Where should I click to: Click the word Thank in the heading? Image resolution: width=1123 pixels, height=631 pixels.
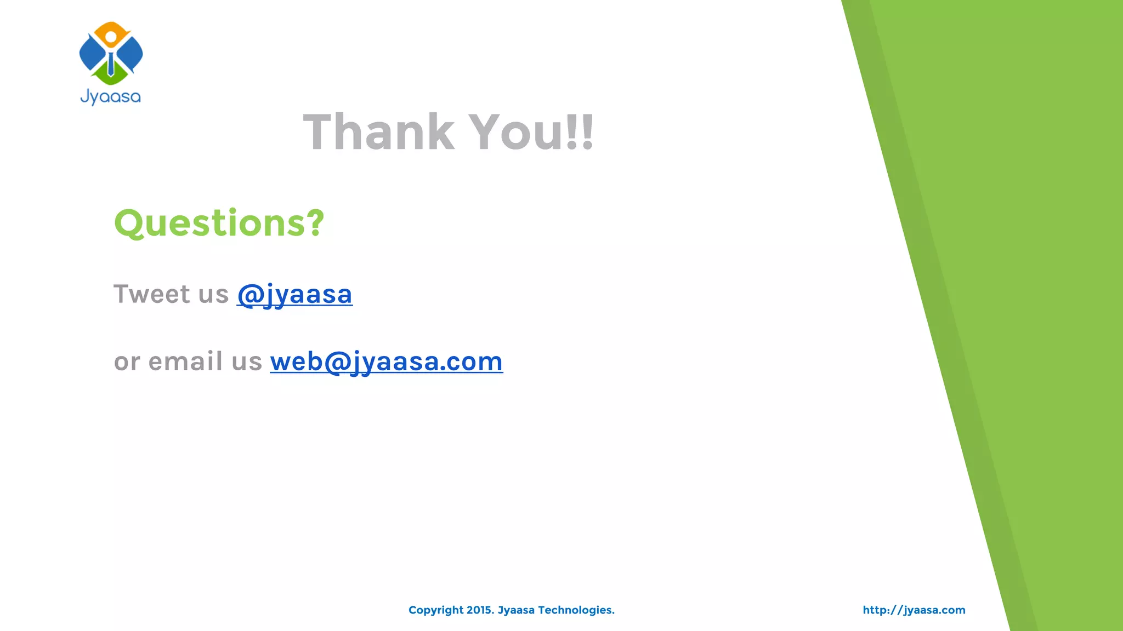click(x=379, y=132)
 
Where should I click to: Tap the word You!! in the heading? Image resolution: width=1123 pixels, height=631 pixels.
click(x=532, y=132)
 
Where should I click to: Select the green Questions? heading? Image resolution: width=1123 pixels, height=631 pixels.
click(x=219, y=223)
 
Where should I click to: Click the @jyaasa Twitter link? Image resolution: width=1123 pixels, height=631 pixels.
click(x=294, y=295)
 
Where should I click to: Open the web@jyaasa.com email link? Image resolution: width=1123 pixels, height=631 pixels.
click(x=386, y=362)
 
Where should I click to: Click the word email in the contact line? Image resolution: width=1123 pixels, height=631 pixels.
click(x=185, y=362)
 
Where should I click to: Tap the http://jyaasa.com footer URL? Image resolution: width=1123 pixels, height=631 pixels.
click(x=914, y=610)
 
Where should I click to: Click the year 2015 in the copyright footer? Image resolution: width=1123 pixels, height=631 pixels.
click(x=479, y=610)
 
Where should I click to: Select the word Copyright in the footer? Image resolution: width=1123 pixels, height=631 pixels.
click(x=436, y=610)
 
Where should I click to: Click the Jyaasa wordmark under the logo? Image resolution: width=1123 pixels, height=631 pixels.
click(x=111, y=97)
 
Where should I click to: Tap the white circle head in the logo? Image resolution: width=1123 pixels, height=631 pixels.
click(x=111, y=37)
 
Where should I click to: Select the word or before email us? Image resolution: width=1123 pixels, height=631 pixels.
click(x=127, y=362)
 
